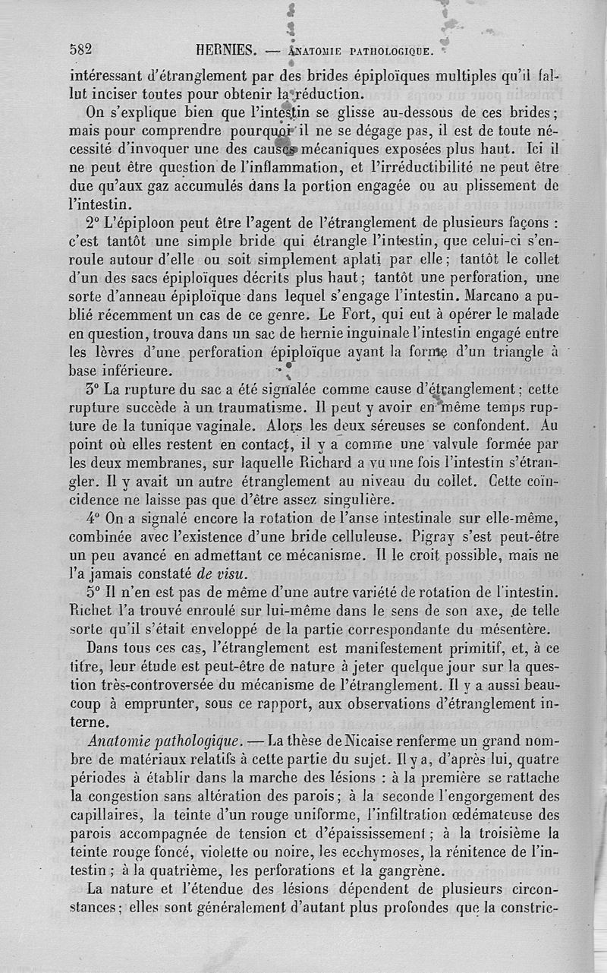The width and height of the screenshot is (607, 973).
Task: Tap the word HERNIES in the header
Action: (x=225, y=51)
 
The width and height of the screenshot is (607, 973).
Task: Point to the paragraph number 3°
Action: (x=95, y=390)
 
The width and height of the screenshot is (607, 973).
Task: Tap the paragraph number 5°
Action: (x=96, y=592)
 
